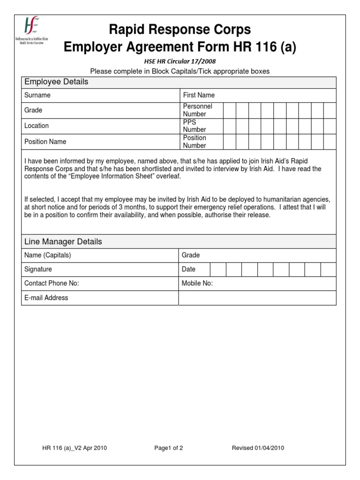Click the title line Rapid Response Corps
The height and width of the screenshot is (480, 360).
tap(180, 30)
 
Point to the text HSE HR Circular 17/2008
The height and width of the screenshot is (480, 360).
tap(180, 61)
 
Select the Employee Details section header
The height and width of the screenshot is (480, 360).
tap(56, 82)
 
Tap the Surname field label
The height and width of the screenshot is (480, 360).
tap(37, 95)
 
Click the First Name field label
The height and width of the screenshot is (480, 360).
tap(199, 95)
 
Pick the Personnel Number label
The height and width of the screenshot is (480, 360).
tap(197, 110)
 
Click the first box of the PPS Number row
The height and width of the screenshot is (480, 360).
tap(229, 126)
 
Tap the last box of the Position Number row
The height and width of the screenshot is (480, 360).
tap(330, 142)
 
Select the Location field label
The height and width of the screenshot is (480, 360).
tap(37, 126)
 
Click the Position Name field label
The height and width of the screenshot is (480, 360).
tap(45, 142)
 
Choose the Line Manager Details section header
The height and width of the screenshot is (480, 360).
tap(63, 242)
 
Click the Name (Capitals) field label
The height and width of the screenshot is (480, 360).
tap(48, 255)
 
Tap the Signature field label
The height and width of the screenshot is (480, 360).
tap(38, 270)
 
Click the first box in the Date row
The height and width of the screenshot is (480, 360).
tap(217, 270)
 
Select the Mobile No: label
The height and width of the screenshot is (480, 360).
tap(197, 284)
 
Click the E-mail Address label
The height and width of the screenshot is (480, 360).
tap(46, 298)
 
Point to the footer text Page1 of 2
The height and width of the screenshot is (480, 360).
tap(169, 448)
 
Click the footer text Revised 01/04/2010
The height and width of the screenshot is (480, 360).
tap(258, 448)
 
